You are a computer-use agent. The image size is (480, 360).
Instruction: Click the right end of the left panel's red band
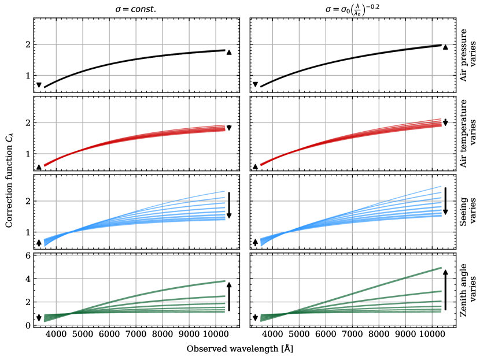click(x=224, y=128)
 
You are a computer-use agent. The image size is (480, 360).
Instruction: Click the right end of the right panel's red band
click(x=441, y=123)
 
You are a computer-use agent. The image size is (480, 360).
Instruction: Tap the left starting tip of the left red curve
click(x=45, y=166)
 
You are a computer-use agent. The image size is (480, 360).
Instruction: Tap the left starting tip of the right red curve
click(x=261, y=165)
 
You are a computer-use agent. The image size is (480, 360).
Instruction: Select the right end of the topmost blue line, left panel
click(x=224, y=191)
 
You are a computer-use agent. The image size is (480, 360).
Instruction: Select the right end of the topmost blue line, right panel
click(x=441, y=186)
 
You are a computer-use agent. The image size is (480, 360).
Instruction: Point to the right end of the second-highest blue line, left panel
click(x=224, y=198)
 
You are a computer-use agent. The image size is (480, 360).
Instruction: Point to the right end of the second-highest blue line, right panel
click(x=441, y=192)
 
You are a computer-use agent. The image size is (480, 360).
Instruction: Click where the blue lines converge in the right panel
click(x=287, y=232)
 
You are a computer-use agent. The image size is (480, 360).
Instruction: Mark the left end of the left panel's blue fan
click(x=45, y=242)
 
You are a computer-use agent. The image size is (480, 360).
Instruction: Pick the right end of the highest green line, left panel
click(x=224, y=281)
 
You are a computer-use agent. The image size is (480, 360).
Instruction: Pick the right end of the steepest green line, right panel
click(x=441, y=268)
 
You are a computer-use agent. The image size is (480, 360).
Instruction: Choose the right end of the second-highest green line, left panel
click(x=224, y=296)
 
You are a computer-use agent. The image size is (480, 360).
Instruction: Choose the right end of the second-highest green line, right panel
click(x=441, y=291)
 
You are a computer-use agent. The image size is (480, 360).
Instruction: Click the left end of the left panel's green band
click(x=45, y=318)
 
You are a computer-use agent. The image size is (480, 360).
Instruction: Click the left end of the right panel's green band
click(x=261, y=318)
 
